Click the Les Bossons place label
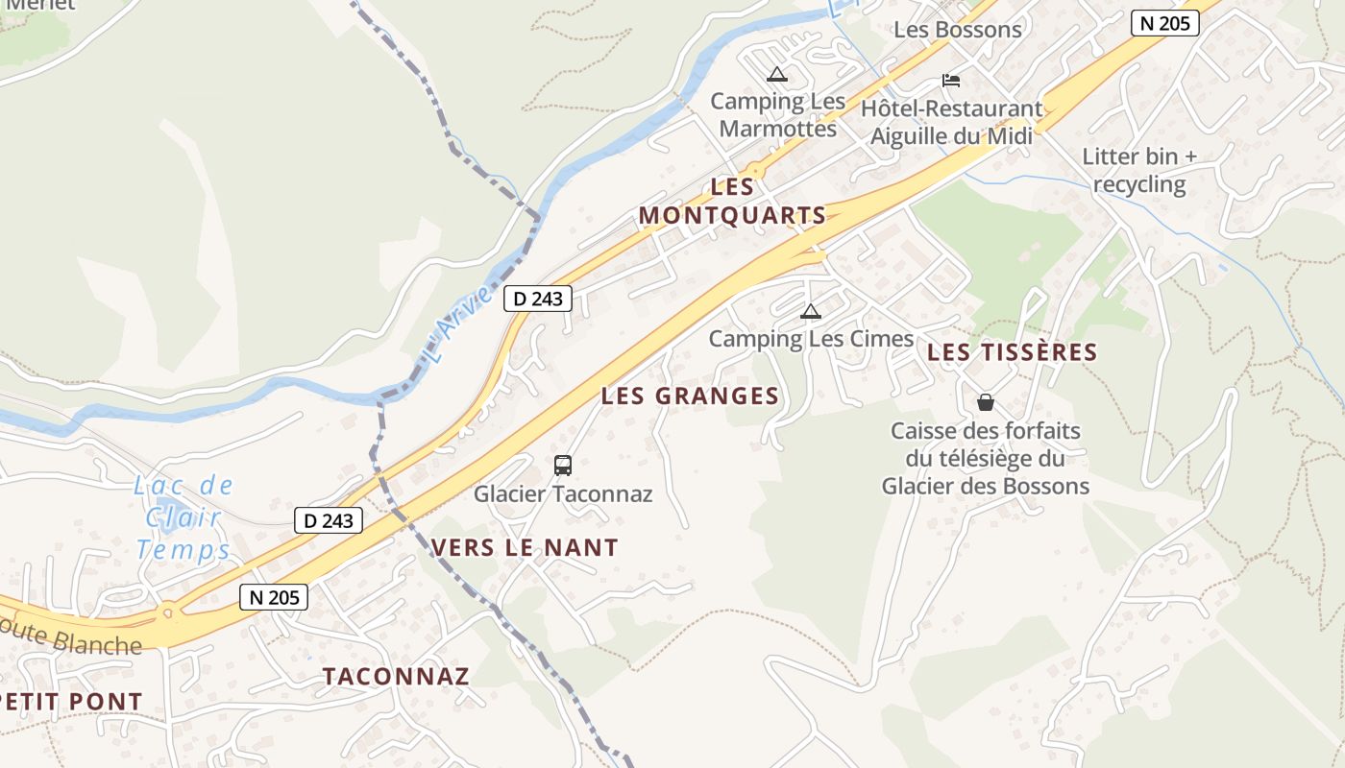958,29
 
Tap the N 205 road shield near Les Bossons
1164,23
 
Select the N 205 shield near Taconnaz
274,597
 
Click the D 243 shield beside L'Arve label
538,299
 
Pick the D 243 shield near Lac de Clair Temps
329,520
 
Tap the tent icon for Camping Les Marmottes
776,74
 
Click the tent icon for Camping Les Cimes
811,311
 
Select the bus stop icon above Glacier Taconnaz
563,466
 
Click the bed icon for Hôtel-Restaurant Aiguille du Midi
951,80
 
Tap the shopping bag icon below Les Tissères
986,402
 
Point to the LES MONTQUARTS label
732,202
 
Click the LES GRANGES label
690,396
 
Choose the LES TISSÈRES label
1012,352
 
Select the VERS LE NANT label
525,547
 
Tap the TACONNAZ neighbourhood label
396,676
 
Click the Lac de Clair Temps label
183,517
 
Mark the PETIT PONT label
71,702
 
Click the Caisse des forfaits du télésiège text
986,458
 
